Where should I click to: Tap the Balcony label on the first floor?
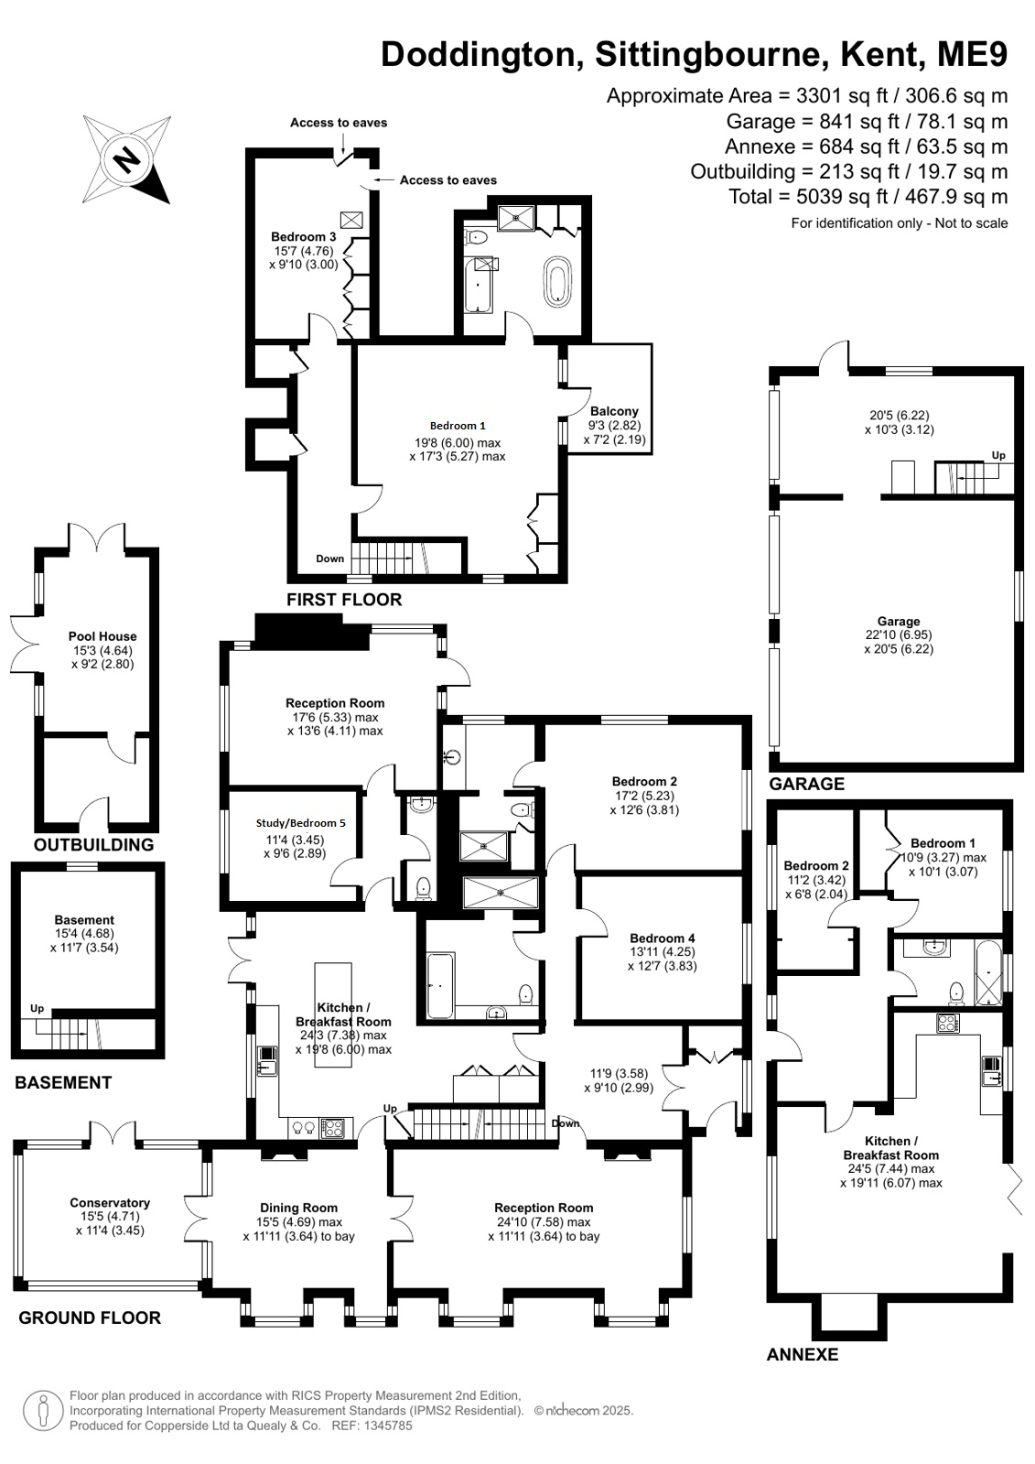tap(613, 411)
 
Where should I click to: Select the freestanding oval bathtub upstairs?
tap(557, 281)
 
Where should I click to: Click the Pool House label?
tap(102, 636)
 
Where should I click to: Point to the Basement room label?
tap(84, 919)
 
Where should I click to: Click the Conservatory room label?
tap(110, 1202)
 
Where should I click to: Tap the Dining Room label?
tap(298, 1208)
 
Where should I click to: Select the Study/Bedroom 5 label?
tap(300, 823)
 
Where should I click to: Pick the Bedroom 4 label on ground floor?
tap(662, 938)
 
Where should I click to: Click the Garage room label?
tap(899, 621)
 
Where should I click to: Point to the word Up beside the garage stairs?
tap(998, 455)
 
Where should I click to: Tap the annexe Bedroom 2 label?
tap(816, 866)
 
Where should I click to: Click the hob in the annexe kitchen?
tap(948, 1023)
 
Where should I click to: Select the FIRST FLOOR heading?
tap(344, 600)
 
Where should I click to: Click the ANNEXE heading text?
tap(803, 1353)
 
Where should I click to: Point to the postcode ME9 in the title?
tap(972, 54)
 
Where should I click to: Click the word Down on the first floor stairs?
tap(330, 558)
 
